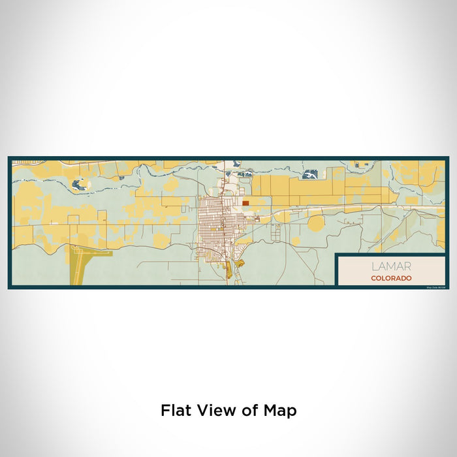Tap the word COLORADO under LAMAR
391,278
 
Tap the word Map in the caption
279,411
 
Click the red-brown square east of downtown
245,203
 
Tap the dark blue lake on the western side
80,185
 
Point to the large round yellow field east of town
316,224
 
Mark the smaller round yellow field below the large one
296,241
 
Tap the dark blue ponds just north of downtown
244,174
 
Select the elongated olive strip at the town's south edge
228,269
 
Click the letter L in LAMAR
374,266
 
